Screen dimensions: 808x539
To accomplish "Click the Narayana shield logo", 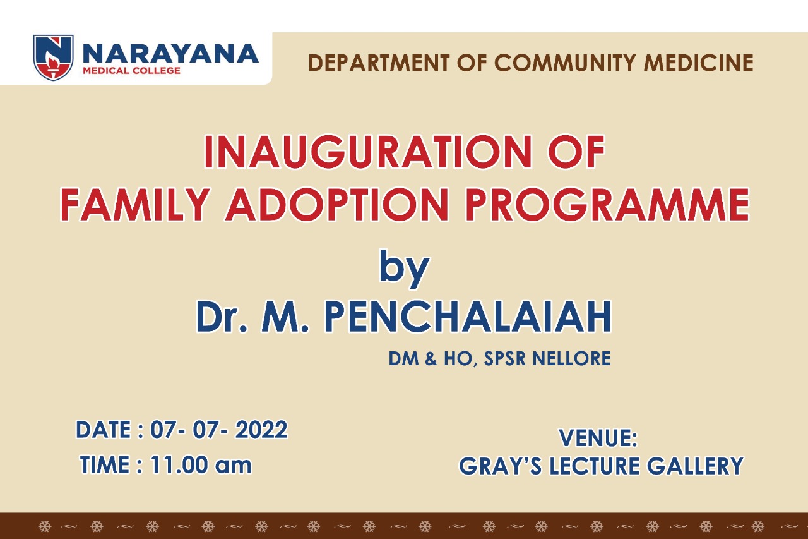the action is coord(54,57).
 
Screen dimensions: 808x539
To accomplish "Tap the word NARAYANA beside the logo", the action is coord(170,54).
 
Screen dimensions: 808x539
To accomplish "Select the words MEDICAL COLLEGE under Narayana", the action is coord(132,70).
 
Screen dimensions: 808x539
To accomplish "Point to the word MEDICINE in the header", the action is coord(699,63).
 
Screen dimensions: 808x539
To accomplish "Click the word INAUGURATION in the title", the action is coord(368,152).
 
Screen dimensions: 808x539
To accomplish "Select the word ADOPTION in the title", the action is coord(338,205).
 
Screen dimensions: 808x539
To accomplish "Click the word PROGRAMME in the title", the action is coord(608,205).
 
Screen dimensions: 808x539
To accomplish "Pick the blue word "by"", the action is coord(405,269).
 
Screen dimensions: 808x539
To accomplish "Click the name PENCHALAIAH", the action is coord(468,317).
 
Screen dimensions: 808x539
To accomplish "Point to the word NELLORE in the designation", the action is coord(571,359).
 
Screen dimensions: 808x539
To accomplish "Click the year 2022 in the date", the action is coord(261,430).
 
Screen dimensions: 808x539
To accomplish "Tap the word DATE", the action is coord(103,430).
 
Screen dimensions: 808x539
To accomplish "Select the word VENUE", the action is coord(598,438).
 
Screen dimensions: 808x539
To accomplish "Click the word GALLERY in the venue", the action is coord(695,466).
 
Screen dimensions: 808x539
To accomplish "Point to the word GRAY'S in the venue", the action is coord(501,466).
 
